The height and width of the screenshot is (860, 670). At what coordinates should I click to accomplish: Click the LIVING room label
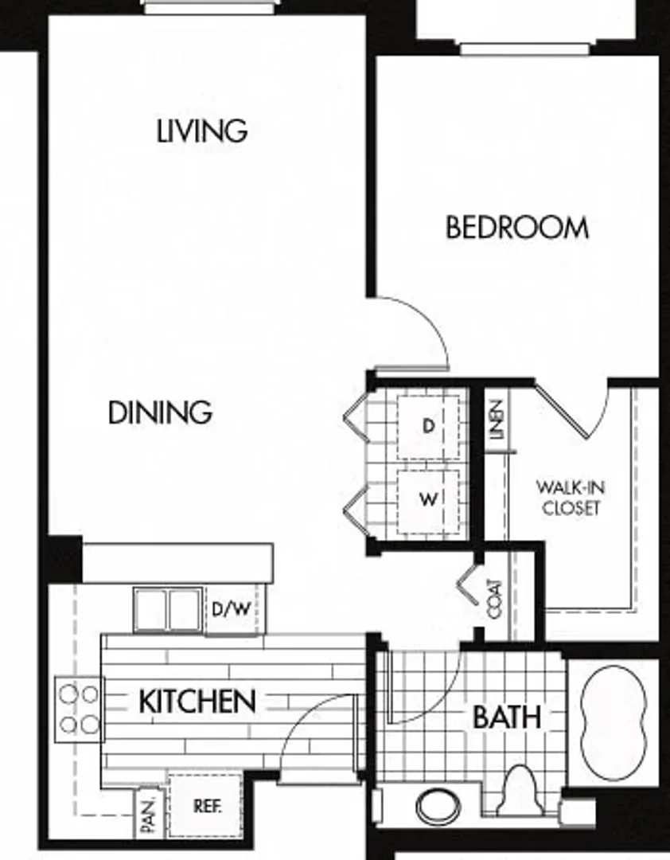click(202, 131)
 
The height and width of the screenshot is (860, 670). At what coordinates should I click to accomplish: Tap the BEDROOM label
click(517, 228)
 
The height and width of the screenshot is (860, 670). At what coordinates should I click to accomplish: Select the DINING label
click(160, 412)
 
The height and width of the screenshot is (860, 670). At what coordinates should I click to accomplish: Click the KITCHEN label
click(197, 702)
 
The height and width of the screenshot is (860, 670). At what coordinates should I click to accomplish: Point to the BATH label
click(507, 717)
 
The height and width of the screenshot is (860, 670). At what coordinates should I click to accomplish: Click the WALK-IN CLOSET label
click(571, 498)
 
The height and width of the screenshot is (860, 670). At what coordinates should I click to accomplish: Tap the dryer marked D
click(428, 426)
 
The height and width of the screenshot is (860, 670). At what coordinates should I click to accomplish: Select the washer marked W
click(428, 501)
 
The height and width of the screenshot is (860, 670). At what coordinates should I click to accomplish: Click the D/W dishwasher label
click(232, 608)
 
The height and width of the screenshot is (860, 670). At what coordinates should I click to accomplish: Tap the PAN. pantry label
click(149, 815)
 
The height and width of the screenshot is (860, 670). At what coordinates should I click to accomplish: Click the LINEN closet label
click(496, 420)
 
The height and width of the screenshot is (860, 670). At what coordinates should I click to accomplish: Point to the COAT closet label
click(494, 599)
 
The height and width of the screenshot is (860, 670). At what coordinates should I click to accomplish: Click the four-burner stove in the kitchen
click(79, 709)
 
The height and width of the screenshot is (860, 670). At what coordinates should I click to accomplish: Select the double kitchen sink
click(169, 610)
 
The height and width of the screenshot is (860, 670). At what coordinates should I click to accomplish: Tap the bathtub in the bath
click(613, 722)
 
